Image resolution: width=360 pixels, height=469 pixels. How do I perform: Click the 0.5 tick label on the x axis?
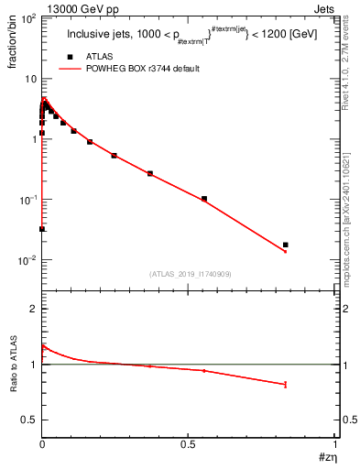pyautogui.click(x=189, y=445)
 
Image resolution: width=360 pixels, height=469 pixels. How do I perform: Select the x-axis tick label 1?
pyautogui.click(x=335, y=445)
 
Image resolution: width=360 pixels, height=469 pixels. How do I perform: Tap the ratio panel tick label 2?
pyautogui.click(x=33, y=310)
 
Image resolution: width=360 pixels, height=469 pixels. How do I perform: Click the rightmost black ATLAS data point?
pyautogui.click(x=286, y=245)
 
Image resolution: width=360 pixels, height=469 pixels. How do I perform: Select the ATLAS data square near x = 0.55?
pyautogui.click(x=204, y=199)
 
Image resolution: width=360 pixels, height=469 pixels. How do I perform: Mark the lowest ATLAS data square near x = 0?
pyautogui.click(x=42, y=229)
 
